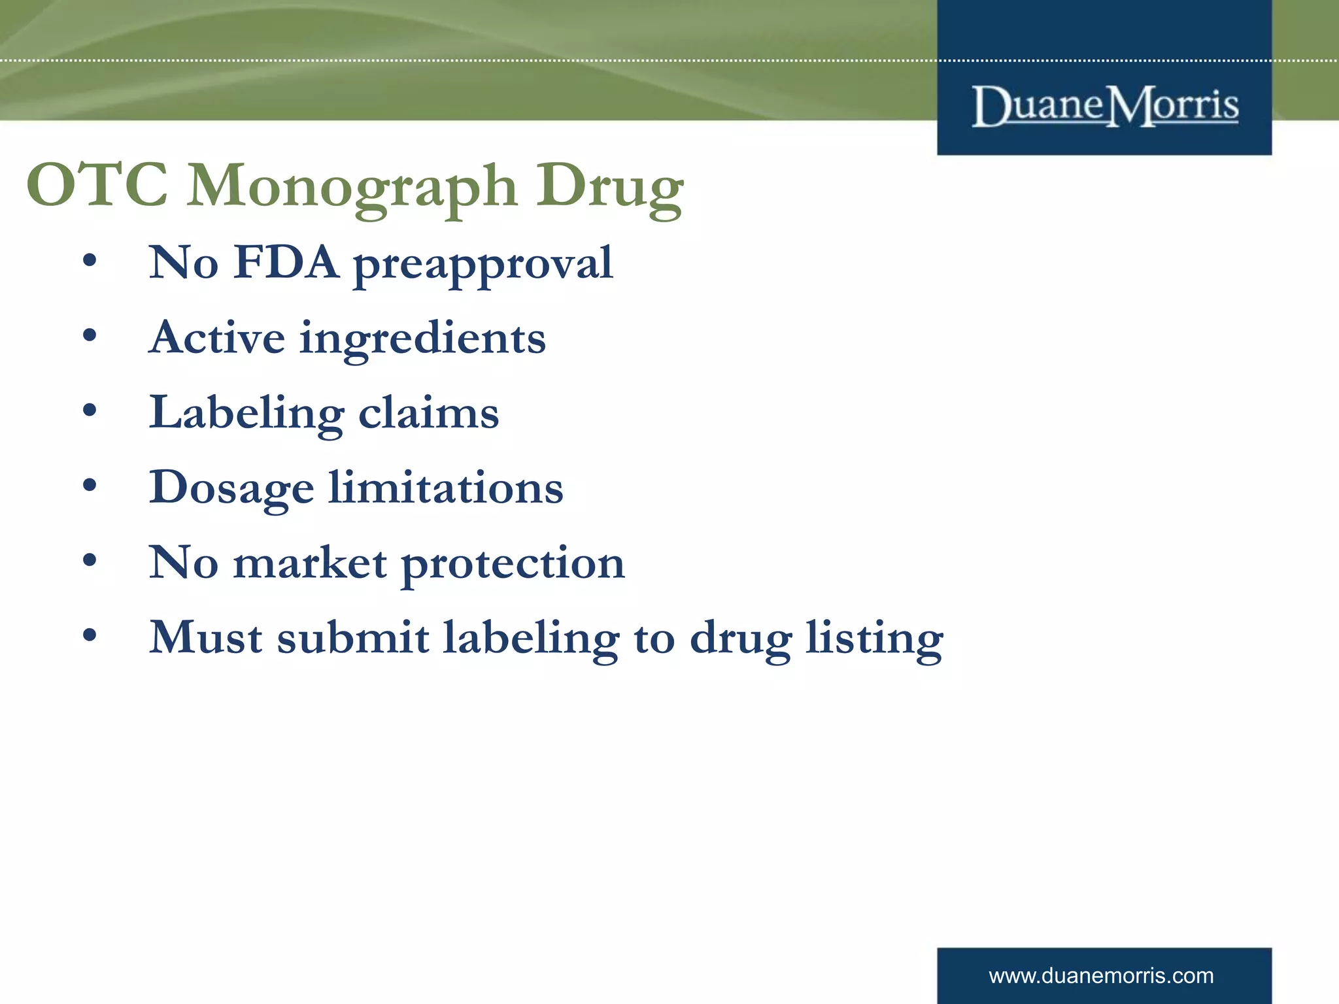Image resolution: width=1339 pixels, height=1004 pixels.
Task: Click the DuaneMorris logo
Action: [1105, 106]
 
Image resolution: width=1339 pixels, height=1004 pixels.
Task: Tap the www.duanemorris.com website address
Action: [1101, 976]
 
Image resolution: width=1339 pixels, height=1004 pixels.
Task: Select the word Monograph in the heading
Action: [353, 187]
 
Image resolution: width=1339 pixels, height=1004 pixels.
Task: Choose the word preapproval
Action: [483, 265]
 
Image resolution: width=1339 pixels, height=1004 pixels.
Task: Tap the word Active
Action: [217, 338]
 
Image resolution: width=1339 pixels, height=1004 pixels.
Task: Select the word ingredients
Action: [422, 340]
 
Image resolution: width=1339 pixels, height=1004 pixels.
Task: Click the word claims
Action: [428, 413]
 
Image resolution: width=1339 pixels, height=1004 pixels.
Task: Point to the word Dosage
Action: [231, 489]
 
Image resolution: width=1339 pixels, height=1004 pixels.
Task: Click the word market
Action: [311, 563]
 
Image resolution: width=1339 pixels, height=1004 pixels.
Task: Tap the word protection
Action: [513, 565]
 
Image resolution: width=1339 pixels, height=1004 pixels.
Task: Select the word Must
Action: [205, 637]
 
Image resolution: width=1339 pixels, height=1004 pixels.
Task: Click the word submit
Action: [353, 637]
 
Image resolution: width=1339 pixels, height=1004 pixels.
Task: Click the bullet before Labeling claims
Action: [90, 411]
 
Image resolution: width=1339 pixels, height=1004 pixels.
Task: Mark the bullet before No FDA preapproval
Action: [90, 261]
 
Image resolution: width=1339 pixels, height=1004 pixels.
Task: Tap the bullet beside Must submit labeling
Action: [90, 635]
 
